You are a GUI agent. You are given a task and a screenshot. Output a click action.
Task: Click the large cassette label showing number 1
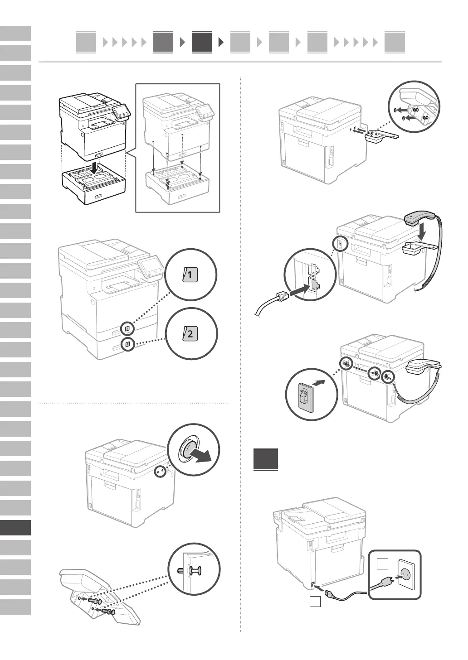tap(190, 275)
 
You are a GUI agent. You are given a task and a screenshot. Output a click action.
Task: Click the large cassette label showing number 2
tap(190, 335)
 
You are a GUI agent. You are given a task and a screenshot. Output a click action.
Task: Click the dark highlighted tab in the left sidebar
tap(15, 528)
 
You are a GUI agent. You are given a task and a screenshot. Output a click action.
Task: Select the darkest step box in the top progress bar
tap(201, 42)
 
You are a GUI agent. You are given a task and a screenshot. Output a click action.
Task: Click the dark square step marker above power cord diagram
tap(265, 459)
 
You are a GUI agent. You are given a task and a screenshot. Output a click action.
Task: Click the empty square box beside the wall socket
tap(382, 564)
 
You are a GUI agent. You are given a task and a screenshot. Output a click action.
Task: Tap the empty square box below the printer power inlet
tap(315, 602)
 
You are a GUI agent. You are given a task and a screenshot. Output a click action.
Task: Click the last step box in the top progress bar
tap(394, 42)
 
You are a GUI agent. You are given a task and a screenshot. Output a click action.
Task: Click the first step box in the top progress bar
tap(86, 42)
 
